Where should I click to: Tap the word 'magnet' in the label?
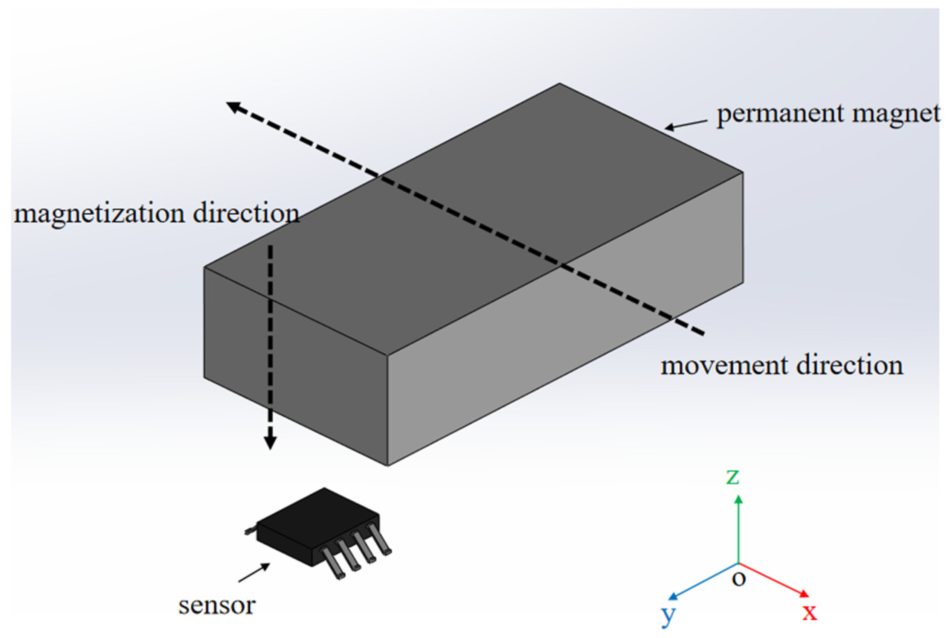[896, 114]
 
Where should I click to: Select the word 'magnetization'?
[99, 214]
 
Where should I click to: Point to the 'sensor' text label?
[217, 606]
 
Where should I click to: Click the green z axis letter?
[732, 476]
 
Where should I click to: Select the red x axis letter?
[809, 612]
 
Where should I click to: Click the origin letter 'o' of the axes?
[739, 578]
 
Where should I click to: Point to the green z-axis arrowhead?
[738, 499]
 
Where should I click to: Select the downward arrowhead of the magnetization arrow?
[270, 443]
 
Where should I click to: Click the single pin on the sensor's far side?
[249, 531]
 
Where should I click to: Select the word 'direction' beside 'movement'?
[849, 365]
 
